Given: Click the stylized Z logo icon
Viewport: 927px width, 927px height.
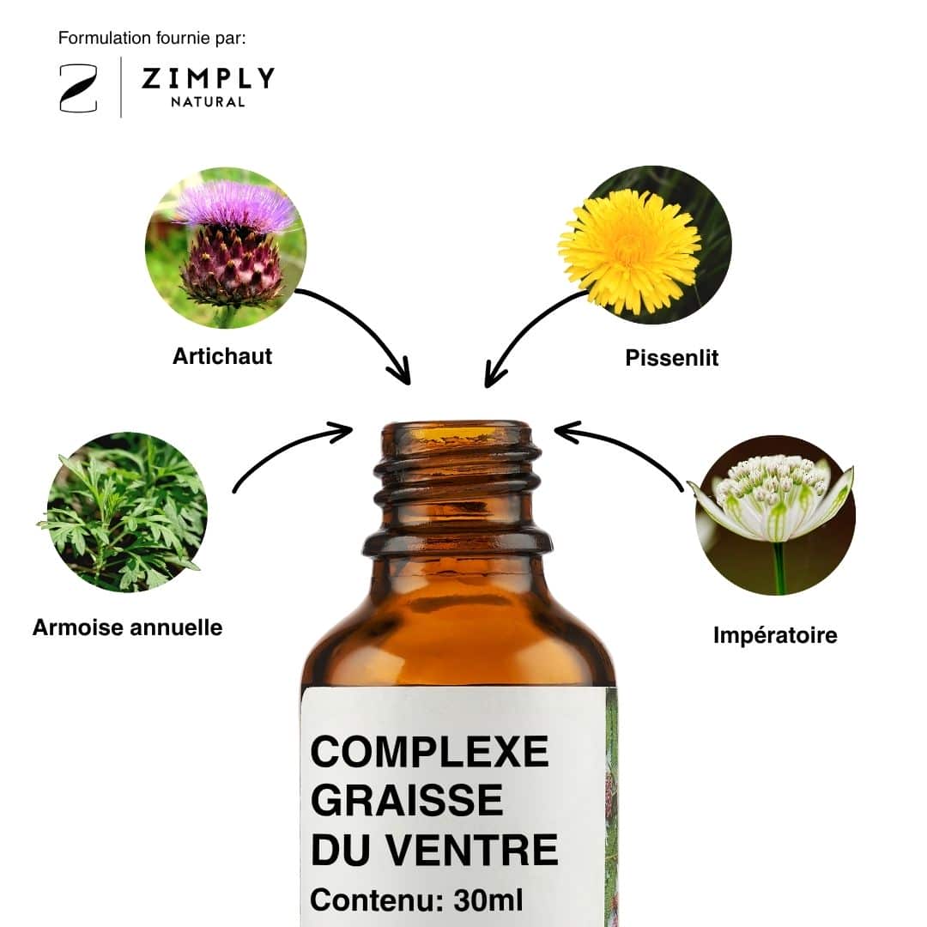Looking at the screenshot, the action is (78, 88).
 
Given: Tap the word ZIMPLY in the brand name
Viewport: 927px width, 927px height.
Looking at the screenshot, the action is (208, 78).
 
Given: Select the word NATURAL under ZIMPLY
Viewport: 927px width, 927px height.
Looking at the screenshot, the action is (208, 102).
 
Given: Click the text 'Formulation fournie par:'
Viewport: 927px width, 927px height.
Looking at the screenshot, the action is (152, 38).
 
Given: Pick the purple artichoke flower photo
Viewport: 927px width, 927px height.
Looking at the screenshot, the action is (226, 248).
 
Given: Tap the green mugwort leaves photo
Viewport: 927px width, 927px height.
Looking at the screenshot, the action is (127, 512).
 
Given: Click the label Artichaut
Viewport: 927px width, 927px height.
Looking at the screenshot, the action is (222, 356).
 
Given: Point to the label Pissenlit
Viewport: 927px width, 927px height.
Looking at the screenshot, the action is (671, 358).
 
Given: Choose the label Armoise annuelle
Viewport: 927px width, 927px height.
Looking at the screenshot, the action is (127, 627).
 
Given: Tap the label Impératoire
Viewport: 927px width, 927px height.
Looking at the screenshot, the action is (775, 635).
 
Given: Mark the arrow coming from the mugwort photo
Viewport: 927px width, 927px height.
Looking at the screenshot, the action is (285, 446).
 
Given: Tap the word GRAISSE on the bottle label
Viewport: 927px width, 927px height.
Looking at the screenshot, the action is (407, 800).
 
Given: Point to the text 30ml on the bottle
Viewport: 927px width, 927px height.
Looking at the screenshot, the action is (488, 900).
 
